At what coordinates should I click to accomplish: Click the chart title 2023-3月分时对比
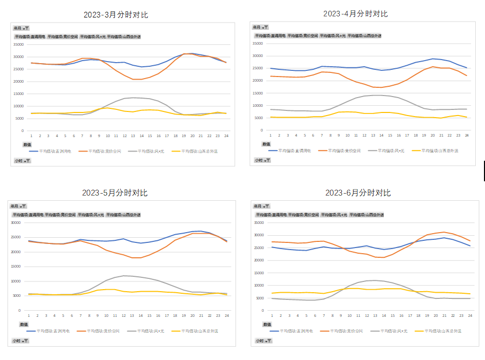pos(116,15)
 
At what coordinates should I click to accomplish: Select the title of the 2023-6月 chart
pos(358,193)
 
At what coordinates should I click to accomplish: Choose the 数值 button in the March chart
pos(27,145)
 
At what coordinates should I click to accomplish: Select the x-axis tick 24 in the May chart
pos(226,315)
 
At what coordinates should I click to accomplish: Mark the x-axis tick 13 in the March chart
pos(133,136)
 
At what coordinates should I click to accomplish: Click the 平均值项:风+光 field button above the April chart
pos(333,35)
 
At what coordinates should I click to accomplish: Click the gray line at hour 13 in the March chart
pos(133,98)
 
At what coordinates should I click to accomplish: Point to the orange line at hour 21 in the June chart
pos(444,232)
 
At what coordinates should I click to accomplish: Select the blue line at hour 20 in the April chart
pos(432,59)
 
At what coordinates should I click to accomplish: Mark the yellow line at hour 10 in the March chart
pos(107,108)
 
